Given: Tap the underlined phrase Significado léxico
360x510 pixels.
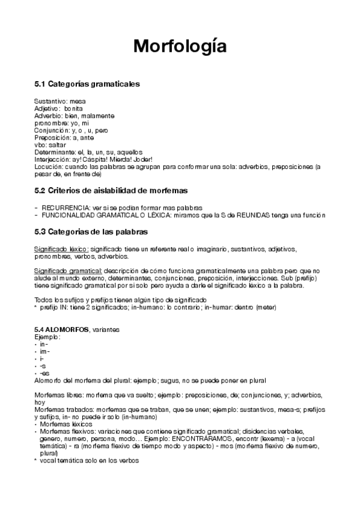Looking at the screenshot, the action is click(x=61, y=249).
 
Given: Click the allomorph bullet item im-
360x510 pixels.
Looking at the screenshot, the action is click(x=44, y=351).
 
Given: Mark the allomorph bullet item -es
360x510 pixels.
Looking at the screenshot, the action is click(x=44, y=373).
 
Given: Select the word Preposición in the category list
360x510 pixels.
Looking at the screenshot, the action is click(x=52, y=138).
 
